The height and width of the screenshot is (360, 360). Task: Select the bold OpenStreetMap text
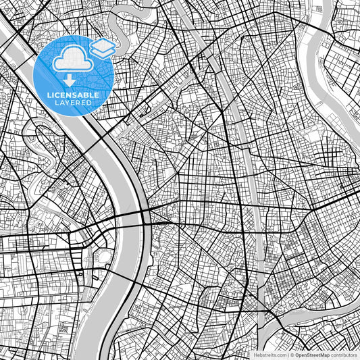tap(311, 355)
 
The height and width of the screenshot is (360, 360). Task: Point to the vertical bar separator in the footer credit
tap(286, 355)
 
